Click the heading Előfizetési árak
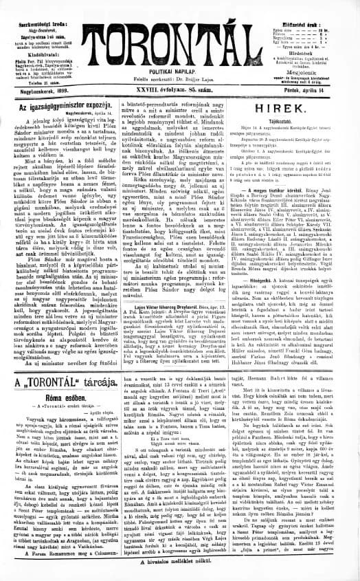[320, 6]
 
